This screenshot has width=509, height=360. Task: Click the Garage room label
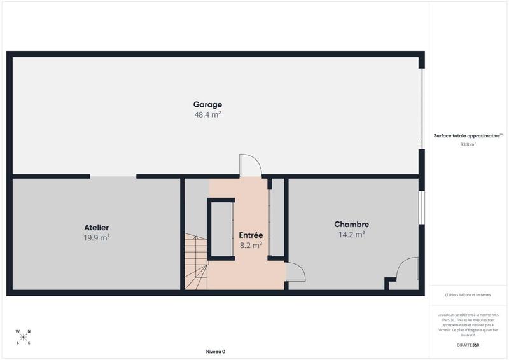pos(207,104)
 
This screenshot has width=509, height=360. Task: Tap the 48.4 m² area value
pos(207,115)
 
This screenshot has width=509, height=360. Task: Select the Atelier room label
pos(97,227)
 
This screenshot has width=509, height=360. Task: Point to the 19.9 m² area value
pos(97,237)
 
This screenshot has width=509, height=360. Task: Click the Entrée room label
pos(251,235)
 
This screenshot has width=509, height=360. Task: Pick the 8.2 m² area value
pos(251,245)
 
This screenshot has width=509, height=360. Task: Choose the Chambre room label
pos(351,225)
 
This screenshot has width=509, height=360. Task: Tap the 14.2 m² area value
pos(351,235)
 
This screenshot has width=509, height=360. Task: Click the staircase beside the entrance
pos(196,261)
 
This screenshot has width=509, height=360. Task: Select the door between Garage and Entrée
pos(250,167)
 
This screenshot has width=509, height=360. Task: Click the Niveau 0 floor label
pos(215,352)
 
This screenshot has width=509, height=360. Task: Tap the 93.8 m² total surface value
pos(468,144)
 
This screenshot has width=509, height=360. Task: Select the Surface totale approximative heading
pos(468,135)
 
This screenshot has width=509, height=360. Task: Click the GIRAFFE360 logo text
pos(468,345)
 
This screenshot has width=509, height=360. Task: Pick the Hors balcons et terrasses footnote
pos(468,295)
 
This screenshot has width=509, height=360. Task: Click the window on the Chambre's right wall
pos(421,207)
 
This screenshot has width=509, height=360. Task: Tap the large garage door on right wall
pos(421,109)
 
